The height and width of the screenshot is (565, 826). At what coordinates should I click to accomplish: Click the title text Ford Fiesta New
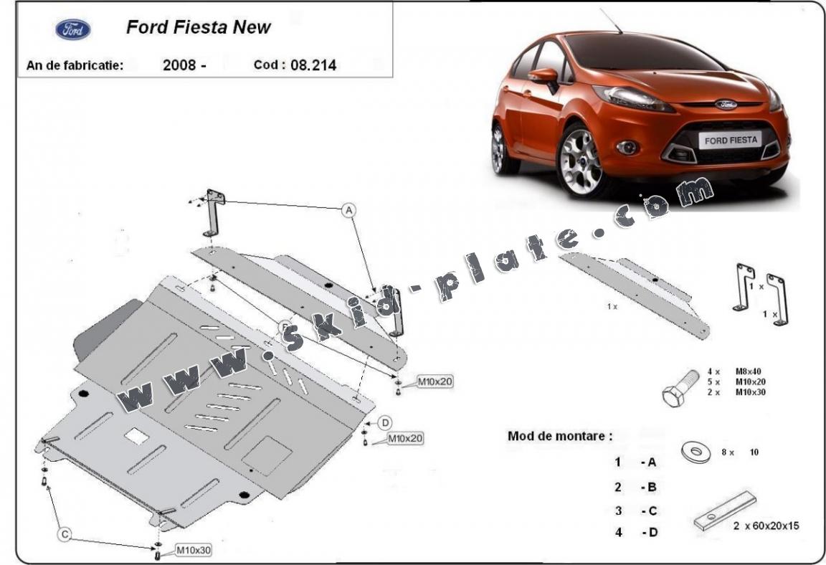coord(198,27)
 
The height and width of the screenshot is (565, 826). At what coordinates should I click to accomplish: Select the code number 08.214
coord(313,65)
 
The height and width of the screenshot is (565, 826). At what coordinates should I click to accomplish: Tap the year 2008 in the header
coord(179,65)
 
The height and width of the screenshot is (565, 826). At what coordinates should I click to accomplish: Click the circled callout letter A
coord(348,210)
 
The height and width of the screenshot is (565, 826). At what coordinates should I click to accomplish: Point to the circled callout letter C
coord(65,533)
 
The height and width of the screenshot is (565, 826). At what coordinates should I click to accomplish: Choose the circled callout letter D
coord(385,422)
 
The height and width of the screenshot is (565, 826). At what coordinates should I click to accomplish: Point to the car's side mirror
coord(545,75)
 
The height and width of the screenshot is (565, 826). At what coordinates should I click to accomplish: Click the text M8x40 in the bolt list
coord(748,371)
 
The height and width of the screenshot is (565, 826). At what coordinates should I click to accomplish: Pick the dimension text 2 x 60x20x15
coord(766,526)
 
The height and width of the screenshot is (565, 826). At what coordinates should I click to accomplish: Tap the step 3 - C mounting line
coord(635,511)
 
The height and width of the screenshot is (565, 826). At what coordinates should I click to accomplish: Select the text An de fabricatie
coord(75,65)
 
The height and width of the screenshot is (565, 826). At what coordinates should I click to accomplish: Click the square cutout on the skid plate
coord(136,435)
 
